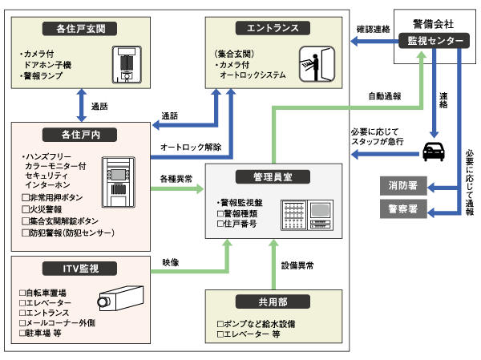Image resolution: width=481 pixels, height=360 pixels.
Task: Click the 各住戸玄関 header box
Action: pos(83,30)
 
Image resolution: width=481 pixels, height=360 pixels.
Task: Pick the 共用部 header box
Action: pos(272,301)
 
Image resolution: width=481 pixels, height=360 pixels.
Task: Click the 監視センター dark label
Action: pos(434,40)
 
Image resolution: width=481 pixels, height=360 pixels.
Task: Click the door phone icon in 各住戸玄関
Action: pos(124,63)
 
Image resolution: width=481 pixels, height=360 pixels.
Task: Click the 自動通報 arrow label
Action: pos(385,95)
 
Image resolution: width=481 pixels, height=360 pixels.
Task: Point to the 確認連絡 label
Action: pos(372,29)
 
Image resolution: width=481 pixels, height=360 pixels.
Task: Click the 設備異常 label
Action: pos(297,264)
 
